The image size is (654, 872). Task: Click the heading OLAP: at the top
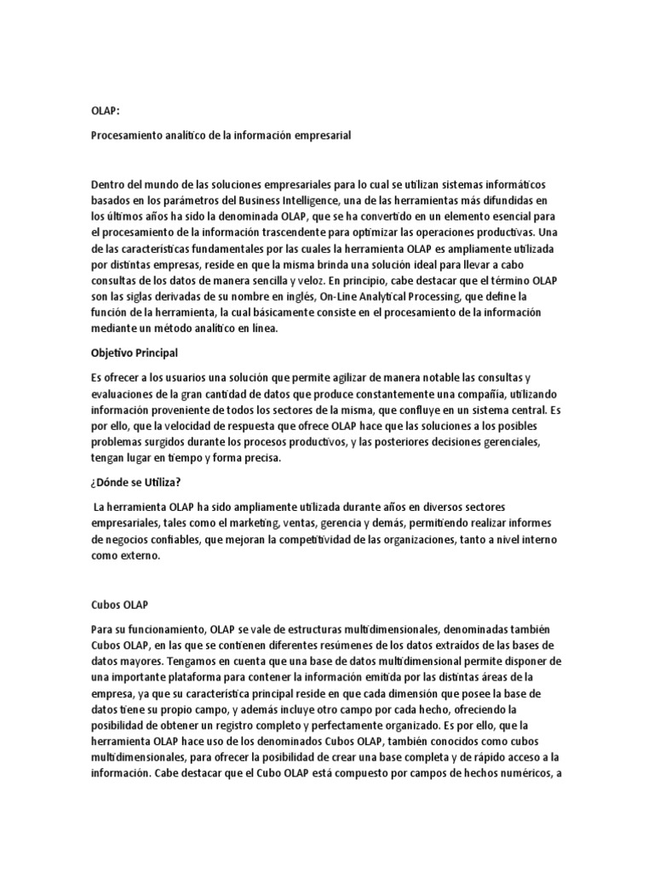[105, 111]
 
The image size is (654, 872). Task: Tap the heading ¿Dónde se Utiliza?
[135, 483]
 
